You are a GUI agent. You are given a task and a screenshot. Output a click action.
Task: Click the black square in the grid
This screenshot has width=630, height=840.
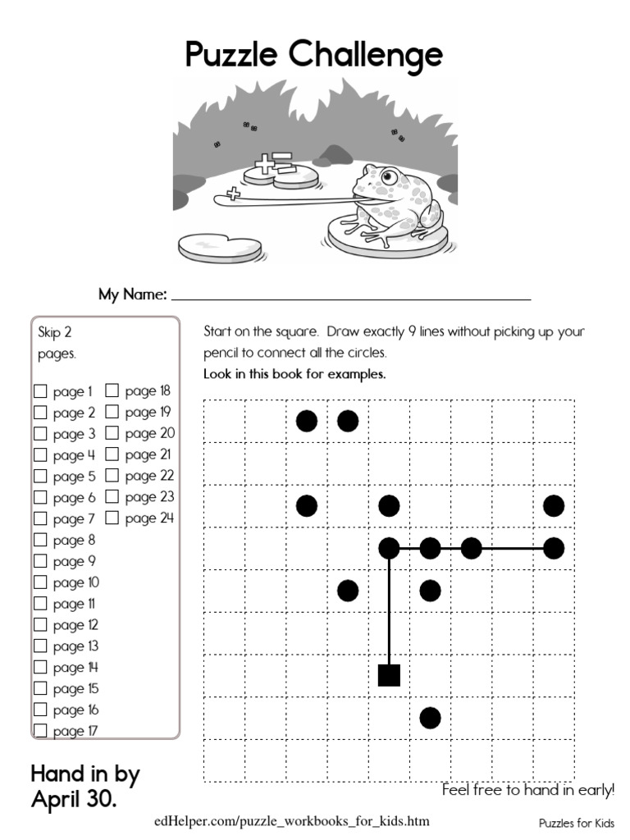(389, 675)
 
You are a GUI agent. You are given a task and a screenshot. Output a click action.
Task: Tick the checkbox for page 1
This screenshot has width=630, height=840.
(40, 391)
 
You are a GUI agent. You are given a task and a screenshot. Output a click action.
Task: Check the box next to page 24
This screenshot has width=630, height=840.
(112, 518)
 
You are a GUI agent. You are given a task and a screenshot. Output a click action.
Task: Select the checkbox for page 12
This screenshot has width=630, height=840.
(40, 625)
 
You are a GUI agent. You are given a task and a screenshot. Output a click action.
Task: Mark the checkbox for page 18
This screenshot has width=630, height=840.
(112, 391)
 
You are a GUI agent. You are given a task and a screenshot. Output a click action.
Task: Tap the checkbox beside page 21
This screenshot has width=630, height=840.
(112, 454)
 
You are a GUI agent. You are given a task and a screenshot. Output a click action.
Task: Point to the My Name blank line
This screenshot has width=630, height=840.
(351, 297)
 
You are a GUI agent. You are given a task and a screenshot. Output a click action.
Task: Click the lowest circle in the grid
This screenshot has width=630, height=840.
(430, 718)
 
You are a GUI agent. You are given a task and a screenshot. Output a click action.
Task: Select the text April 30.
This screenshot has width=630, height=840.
(73, 798)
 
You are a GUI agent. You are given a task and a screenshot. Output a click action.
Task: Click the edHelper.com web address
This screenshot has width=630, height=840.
(291, 821)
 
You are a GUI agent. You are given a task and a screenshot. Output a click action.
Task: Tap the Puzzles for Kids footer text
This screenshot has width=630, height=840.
(577, 822)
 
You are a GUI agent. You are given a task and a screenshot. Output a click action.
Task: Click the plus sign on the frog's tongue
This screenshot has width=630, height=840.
(234, 194)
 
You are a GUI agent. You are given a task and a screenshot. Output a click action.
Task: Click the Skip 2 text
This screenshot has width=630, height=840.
(55, 333)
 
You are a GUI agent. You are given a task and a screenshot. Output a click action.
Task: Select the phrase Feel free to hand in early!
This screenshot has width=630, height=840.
(527, 791)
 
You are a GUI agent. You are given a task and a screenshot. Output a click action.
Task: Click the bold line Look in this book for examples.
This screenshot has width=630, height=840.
(294, 375)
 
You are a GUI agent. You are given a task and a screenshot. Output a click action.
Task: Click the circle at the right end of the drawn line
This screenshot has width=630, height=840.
(554, 548)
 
